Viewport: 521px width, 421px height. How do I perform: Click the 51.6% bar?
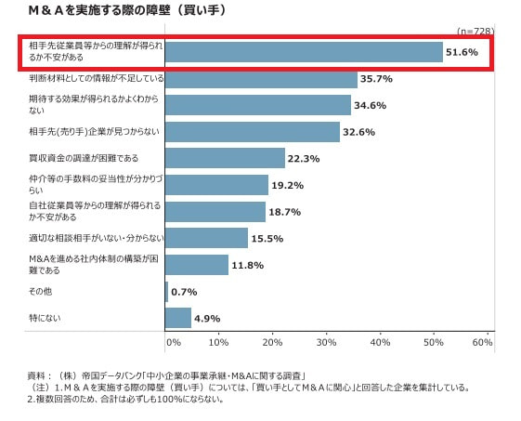[304, 52]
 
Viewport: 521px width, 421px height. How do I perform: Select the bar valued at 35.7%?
[261, 79]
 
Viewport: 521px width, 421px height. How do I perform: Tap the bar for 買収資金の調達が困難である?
[225, 158]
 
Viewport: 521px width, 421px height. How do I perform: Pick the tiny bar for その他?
[166, 292]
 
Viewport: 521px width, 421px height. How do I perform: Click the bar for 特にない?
[178, 318]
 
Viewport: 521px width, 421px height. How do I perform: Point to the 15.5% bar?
[206, 238]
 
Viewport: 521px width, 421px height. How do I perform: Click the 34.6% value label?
[370, 105]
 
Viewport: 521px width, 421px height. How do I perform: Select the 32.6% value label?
[358, 132]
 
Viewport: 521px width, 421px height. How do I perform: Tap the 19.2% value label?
[287, 185]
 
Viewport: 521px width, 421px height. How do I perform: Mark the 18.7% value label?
[285, 212]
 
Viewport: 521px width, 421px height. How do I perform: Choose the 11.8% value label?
[248, 265]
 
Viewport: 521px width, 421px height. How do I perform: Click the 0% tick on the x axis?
[174, 342]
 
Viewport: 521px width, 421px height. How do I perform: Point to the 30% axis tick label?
[326, 342]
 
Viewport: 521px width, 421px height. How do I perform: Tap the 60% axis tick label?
[482, 342]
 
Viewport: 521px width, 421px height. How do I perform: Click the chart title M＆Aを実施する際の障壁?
[99, 10]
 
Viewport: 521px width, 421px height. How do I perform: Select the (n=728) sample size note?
[475, 31]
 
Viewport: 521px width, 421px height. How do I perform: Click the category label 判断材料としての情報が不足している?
[97, 78]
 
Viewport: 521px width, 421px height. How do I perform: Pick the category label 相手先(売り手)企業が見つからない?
[95, 132]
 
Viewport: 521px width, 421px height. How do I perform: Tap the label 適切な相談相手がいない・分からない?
[97, 238]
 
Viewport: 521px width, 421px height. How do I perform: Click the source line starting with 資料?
[166, 376]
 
